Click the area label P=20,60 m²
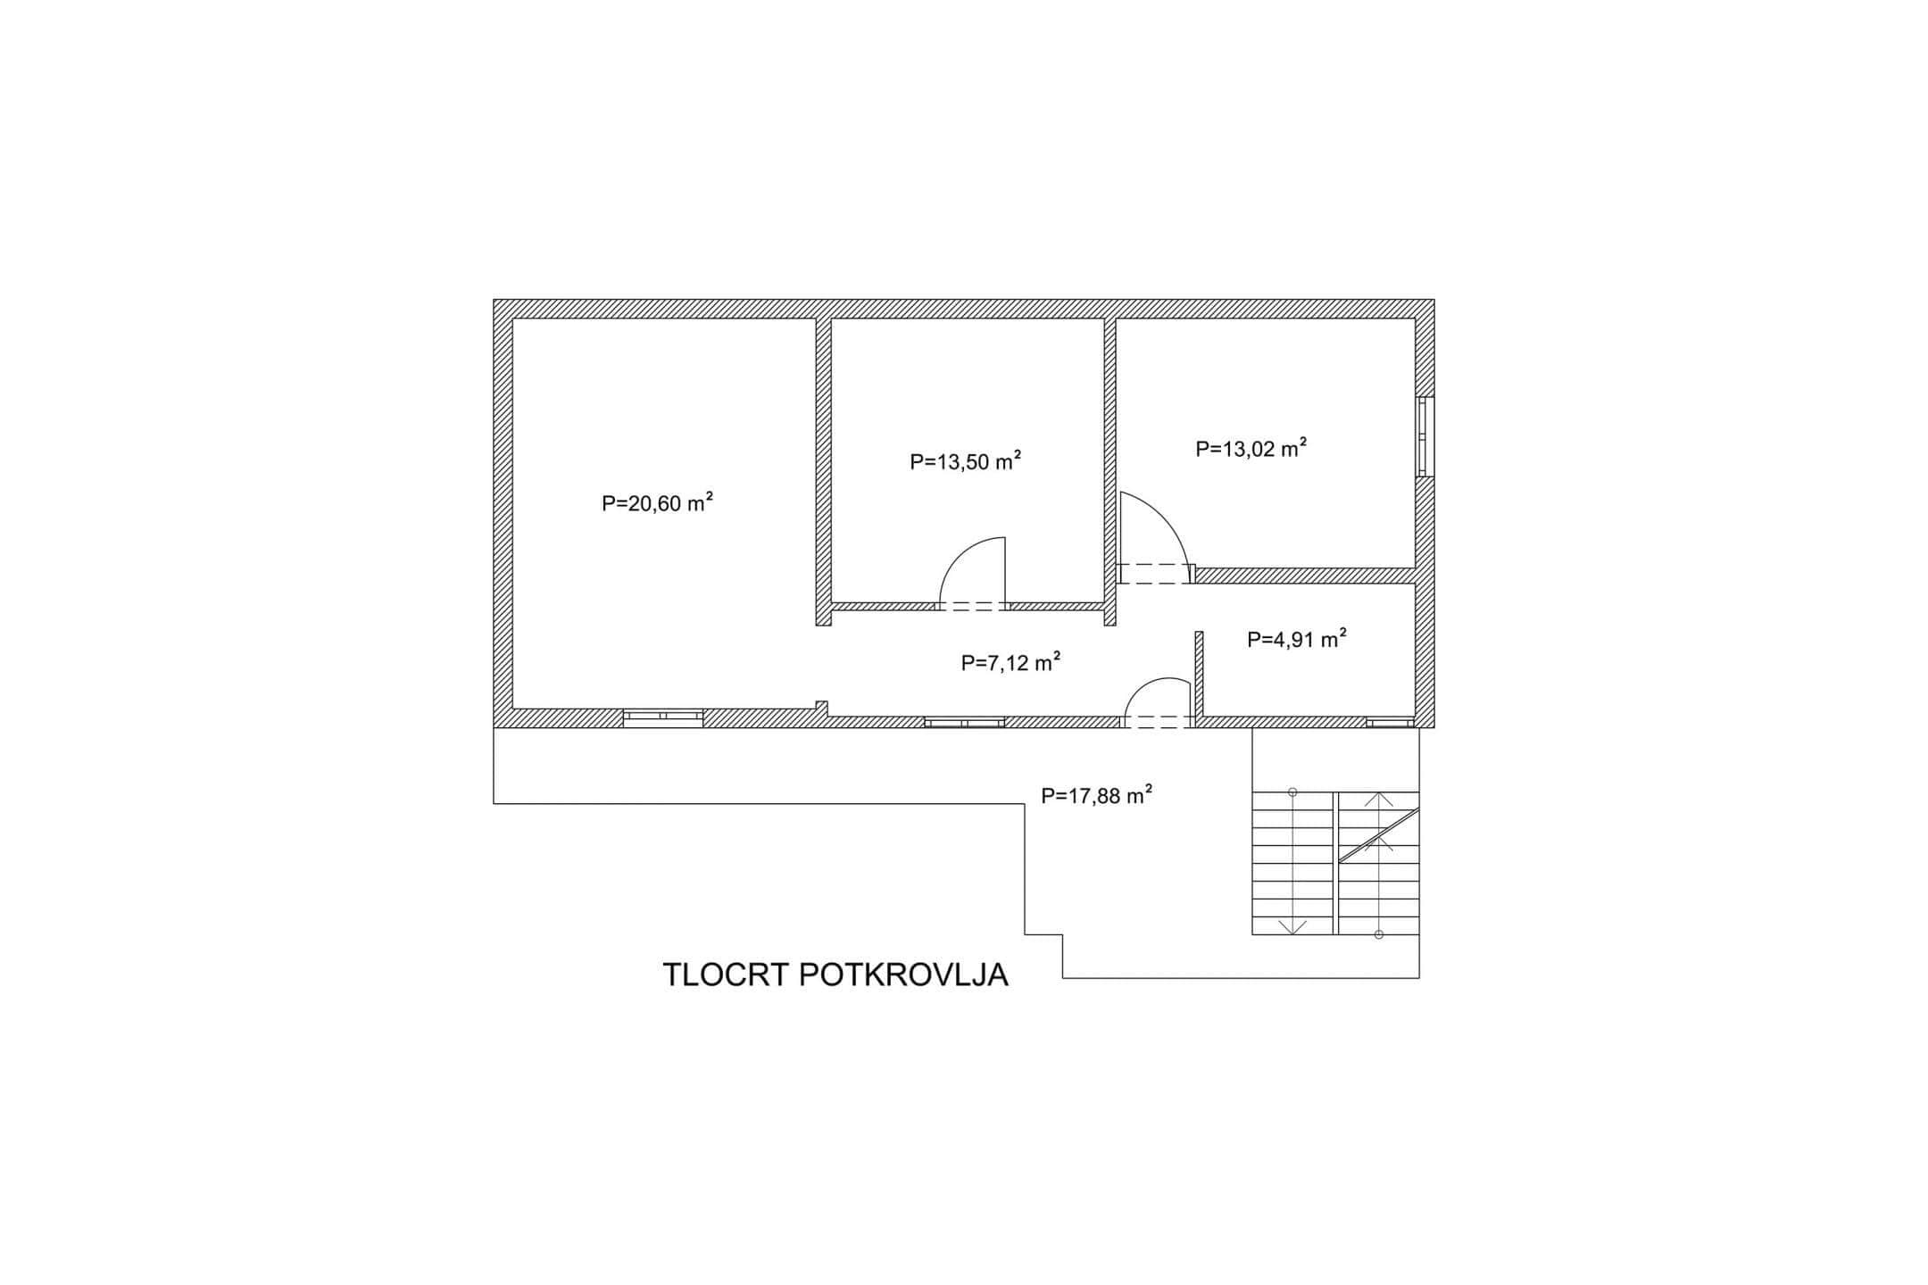tap(657, 502)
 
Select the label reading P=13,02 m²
tap(1251, 448)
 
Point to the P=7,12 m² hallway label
tap(1010, 662)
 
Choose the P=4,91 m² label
tap(1297, 639)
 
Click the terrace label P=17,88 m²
tap(1097, 795)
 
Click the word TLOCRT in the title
tap(726, 975)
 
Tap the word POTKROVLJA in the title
tap(904, 975)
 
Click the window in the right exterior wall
tap(1425, 436)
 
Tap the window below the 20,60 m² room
tap(662, 718)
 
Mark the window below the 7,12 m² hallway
tap(964, 722)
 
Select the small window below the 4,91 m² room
tap(1390, 722)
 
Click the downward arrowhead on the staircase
tap(1292, 927)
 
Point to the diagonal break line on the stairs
tap(1379, 836)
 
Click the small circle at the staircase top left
tap(1292, 792)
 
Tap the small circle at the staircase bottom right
tap(1379, 934)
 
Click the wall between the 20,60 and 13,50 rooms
tap(824, 471)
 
